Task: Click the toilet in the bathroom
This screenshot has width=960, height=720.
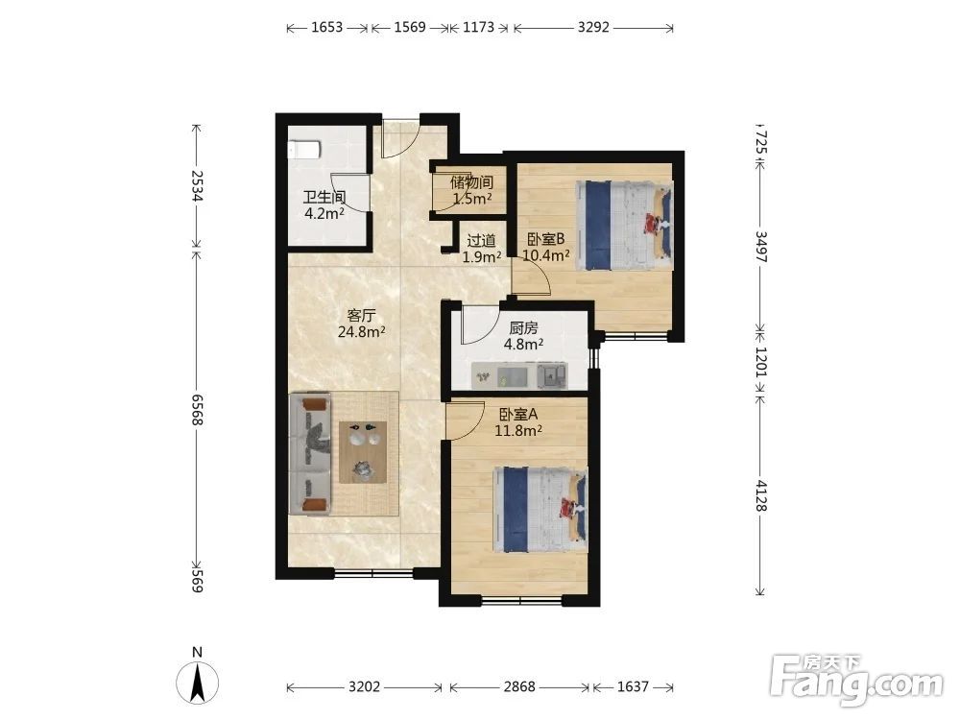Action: point(304,149)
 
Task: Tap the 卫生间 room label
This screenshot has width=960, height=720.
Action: point(324,197)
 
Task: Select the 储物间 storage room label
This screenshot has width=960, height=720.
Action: point(472,182)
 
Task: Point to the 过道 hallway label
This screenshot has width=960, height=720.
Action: point(481,241)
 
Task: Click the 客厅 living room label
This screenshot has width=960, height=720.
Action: point(361,315)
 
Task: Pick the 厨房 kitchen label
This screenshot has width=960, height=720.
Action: point(523,328)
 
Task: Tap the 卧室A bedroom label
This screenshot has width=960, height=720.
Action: point(518,415)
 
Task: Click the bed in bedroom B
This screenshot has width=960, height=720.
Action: point(624,225)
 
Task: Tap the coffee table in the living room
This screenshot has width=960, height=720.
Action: point(363,452)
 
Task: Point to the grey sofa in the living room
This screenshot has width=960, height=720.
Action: point(310,454)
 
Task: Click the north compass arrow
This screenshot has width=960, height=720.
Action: point(197,684)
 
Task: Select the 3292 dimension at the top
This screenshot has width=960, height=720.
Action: point(593,27)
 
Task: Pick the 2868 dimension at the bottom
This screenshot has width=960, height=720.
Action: point(519,687)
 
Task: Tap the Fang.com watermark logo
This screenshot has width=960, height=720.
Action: point(856,681)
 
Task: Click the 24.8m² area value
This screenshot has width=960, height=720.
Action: point(361,332)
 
